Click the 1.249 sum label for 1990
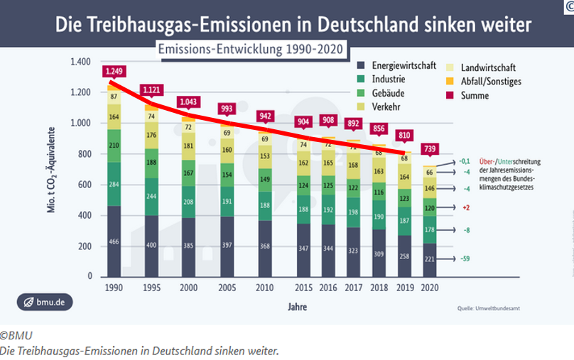pyautogui.click(x=113, y=71)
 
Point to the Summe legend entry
pyautogui.click(x=476, y=95)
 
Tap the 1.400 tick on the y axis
pyautogui.click(x=81, y=62)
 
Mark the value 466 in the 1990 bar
pyautogui.click(x=114, y=242)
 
